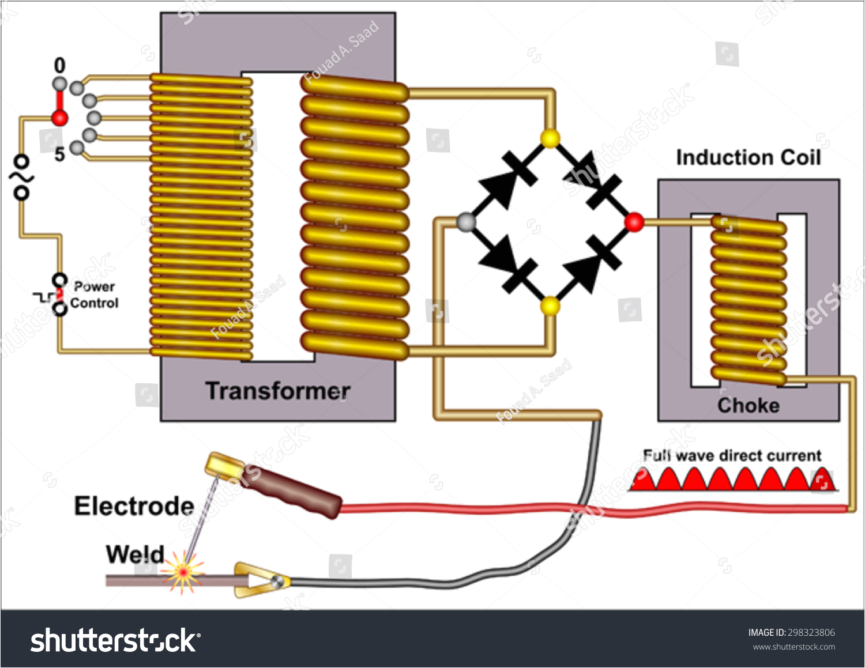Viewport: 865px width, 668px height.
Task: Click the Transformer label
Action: coord(278,391)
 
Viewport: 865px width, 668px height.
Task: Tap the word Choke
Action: coord(748,406)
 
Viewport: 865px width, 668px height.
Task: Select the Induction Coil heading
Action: coord(748,157)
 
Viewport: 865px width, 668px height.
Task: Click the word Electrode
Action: coord(134,506)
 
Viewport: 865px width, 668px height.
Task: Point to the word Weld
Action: coord(135,554)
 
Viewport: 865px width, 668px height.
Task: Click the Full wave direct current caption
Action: coord(732,455)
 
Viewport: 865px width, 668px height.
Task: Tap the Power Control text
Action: coord(94,295)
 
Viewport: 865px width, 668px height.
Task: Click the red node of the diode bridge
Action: coord(634,222)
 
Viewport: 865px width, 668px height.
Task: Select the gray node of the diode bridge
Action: coord(466,222)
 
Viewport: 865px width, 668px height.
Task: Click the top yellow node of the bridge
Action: coord(550,138)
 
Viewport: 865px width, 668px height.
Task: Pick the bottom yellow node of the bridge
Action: coord(550,305)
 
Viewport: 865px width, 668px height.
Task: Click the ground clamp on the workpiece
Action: coord(259,580)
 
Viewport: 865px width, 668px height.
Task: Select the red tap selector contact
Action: coord(59,118)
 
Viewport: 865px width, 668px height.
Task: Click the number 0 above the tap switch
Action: coord(59,66)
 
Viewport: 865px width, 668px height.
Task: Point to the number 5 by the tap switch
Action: coord(59,154)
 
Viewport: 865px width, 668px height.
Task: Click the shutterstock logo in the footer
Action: coord(115,640)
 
